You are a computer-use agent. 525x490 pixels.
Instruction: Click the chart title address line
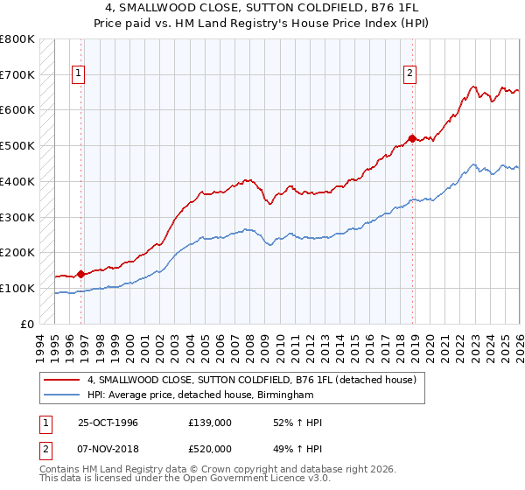point(262,8)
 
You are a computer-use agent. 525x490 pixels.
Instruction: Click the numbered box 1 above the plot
point(79,74)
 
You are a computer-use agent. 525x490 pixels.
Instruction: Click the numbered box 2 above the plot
point(409,74)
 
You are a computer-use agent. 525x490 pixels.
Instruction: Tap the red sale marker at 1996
point(80,274)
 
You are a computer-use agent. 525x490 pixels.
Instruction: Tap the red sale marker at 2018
point(411,137)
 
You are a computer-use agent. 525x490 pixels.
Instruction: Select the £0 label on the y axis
point(27,324)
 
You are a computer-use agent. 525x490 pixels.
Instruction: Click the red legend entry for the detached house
point(256,380)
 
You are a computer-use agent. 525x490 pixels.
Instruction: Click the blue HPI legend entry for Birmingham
point(200,395)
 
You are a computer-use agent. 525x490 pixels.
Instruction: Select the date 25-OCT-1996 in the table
point(108,423)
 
